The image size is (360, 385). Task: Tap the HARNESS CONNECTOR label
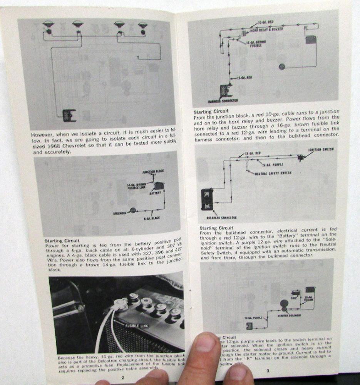point(223,101)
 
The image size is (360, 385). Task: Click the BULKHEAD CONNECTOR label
point(221,218)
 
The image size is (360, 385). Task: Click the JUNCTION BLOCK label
point(153,172)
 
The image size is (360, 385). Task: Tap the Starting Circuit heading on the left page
point(62,241)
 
